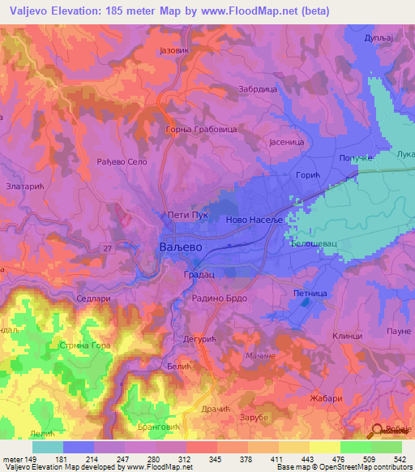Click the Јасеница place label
285,139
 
